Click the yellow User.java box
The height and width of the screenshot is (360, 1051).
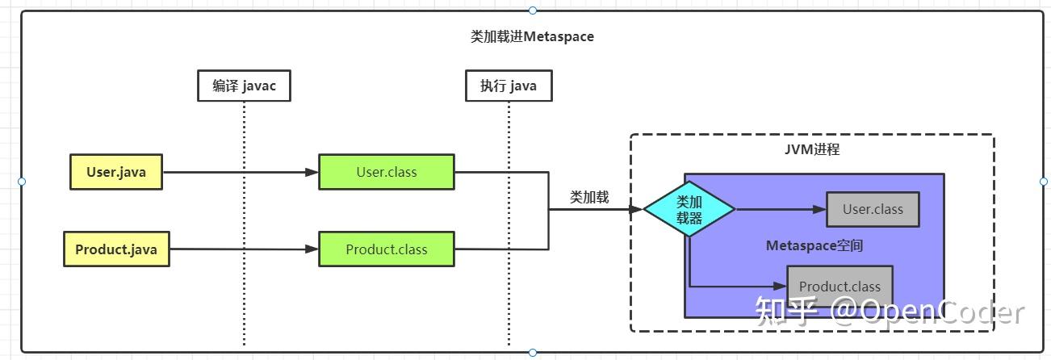(116, 172)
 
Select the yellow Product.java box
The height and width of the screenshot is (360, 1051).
(116, 249)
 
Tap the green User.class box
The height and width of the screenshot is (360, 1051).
(387, 172)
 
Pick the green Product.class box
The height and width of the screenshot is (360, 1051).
(387, 249)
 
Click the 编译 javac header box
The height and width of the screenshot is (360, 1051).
(244, 86)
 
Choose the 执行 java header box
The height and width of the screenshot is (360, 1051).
(509, 86)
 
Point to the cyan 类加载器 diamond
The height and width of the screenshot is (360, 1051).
(689, 209)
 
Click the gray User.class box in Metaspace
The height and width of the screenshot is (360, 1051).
(873, 209)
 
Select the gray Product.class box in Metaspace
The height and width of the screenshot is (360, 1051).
(840, 287)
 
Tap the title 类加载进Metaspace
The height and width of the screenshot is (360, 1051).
(532, 36)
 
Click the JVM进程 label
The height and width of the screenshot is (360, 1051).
(812, 149)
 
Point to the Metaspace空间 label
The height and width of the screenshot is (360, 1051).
(814, 245)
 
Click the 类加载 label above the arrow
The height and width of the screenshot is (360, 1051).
(589, 197)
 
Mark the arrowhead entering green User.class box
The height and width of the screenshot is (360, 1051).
(312, 172)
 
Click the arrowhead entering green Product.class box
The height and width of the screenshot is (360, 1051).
(312, 249)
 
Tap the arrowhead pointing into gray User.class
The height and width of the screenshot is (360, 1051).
(819, 209)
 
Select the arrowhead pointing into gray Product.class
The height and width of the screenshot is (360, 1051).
(780, 286)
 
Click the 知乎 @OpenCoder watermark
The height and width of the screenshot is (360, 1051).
(890, 312)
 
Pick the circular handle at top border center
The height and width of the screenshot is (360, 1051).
(533, 10)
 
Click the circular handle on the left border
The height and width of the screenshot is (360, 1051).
(22, 182)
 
